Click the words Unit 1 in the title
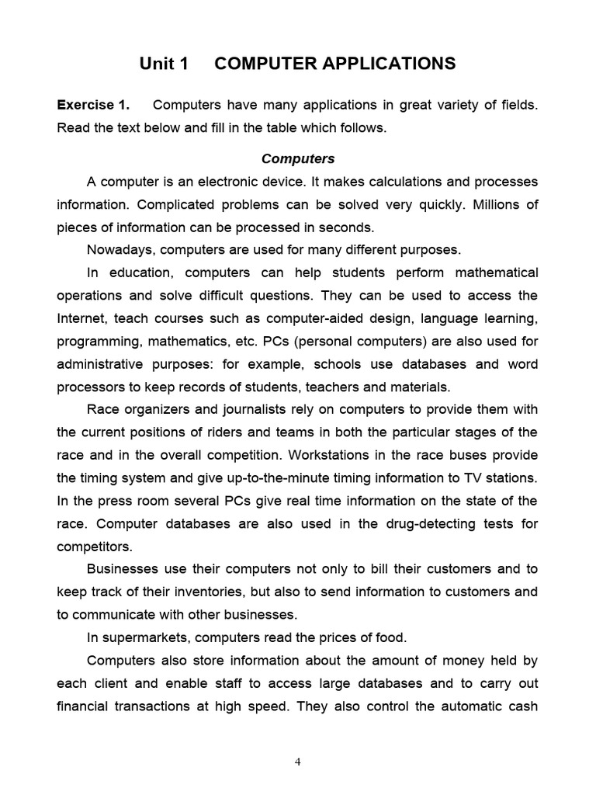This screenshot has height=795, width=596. [164, 64]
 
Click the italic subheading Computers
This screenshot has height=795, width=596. [298, 158]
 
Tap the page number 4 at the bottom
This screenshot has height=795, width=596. [298, 762]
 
